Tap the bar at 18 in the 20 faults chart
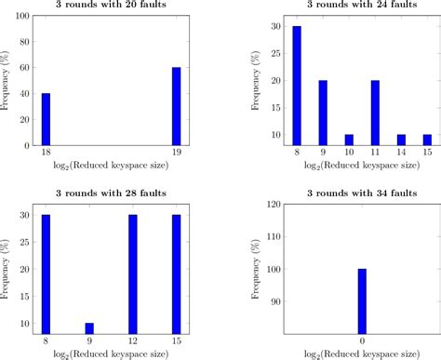(46, 119)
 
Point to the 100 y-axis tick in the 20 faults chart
(22, 18)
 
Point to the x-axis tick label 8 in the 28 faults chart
(46, 341)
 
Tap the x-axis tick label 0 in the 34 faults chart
(360, 341)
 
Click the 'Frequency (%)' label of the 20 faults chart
(7, 82)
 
